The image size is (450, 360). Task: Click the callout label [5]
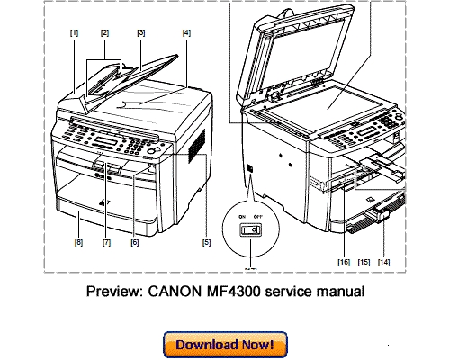[x=206, y=241]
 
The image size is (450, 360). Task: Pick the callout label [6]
[x=135, y=241]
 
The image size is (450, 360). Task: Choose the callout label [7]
[x=106, y=241]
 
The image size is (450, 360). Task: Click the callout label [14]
[x=385, y=261]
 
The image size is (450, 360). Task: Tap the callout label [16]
[x=343, y=261]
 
